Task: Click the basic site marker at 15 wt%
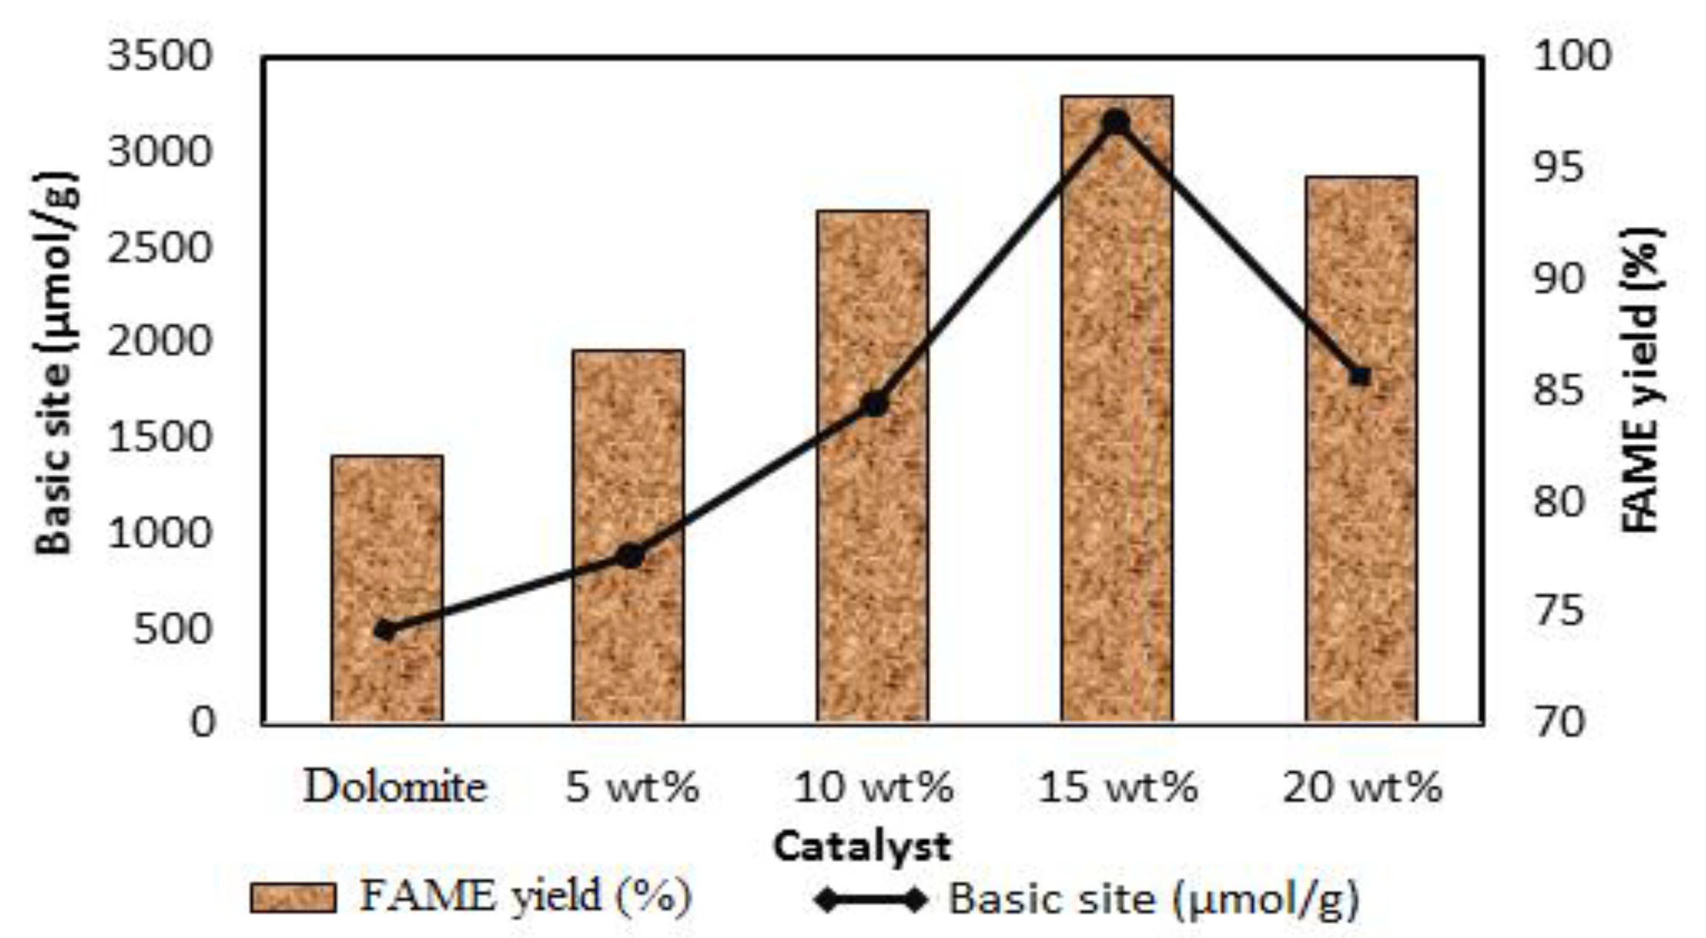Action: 1117,123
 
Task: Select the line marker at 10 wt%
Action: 875,404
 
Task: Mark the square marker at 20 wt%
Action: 1360,376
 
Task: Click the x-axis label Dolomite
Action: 395,787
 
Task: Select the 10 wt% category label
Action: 873,787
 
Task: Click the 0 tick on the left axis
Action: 203,722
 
